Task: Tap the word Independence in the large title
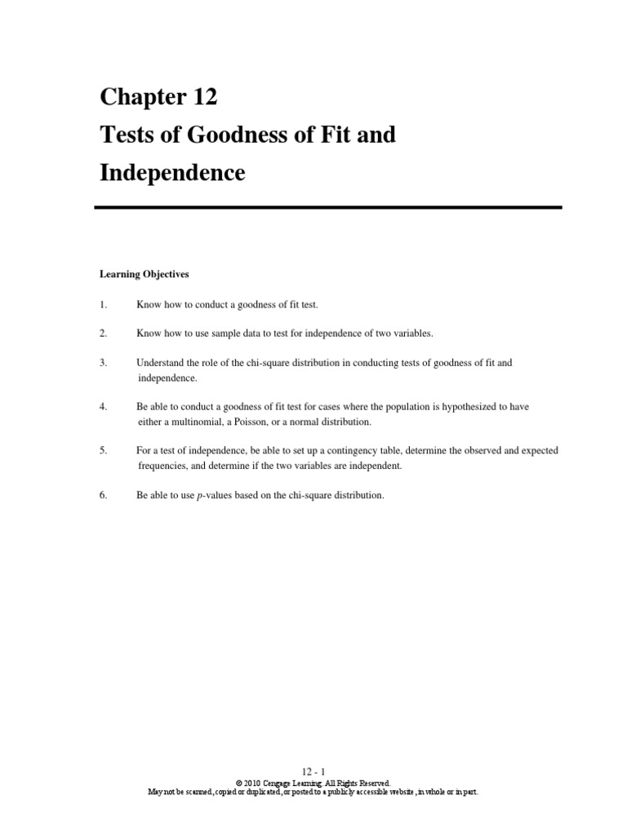point(172,172)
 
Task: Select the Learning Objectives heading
point(144,275)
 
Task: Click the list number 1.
point(104,304)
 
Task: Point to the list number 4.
point(104,406)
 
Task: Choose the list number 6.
point(104,495)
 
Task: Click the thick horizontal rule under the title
point(328,208)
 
